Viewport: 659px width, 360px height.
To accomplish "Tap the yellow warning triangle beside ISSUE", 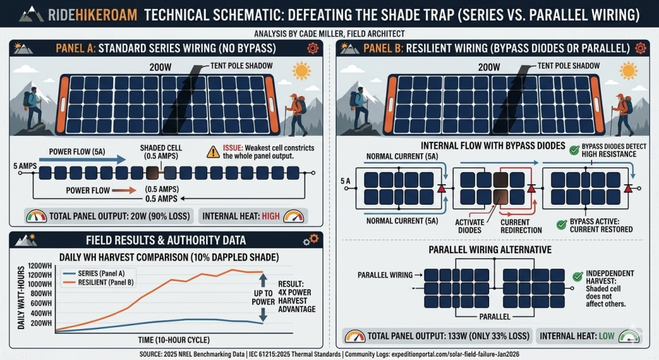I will coord(212,152).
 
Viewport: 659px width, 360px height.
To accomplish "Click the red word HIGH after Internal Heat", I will coord(271,216).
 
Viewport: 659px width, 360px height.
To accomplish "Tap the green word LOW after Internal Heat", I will coord(606,335).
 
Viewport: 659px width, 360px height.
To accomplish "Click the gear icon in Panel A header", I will coord(311,48).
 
